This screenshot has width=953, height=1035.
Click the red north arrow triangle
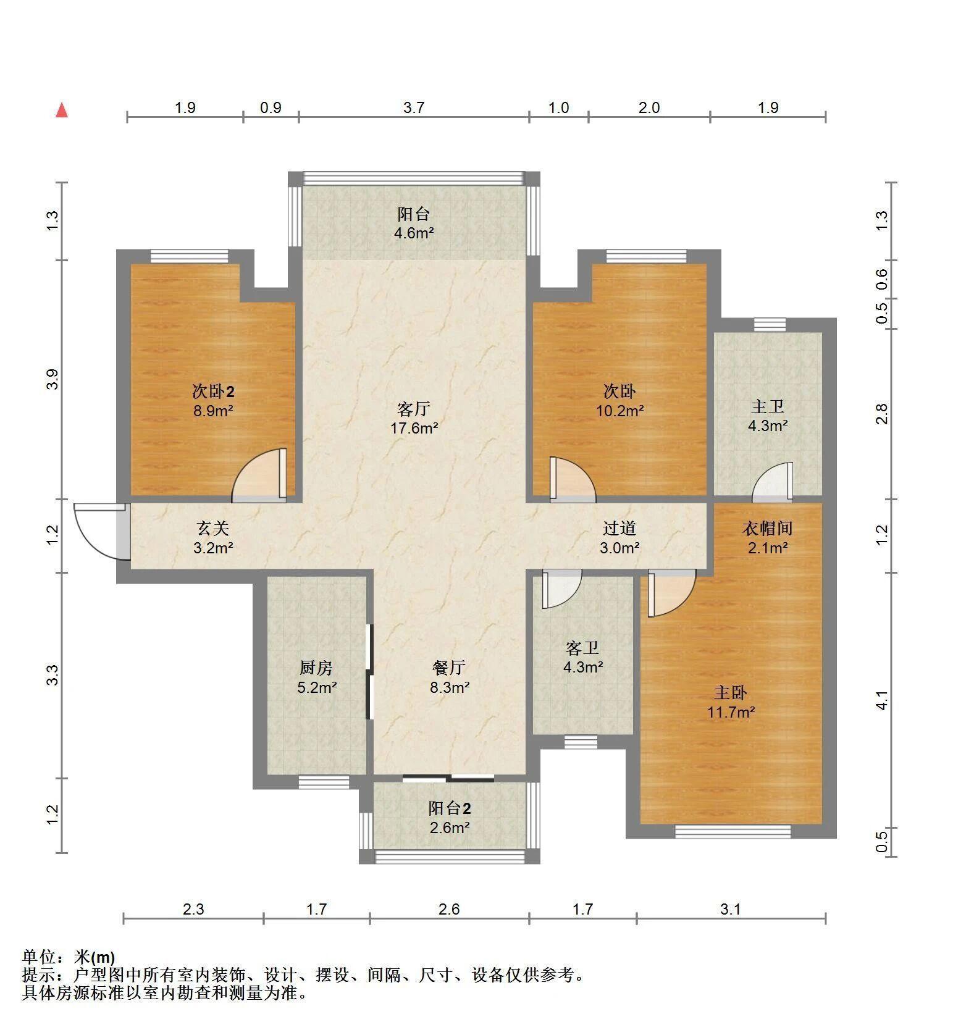62,110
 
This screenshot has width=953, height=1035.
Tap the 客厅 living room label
414,409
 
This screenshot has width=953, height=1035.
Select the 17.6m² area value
414,428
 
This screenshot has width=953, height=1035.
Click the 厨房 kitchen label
316,668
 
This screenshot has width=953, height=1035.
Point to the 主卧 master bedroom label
731,693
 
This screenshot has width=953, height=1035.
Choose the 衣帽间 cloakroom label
767,528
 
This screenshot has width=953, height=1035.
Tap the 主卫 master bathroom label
768,406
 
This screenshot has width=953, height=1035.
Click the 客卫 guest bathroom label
582,648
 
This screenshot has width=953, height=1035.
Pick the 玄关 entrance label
213,528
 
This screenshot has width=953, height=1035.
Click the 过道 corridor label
619,528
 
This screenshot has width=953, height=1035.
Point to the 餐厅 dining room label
449,668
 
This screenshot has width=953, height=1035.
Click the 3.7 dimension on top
414,108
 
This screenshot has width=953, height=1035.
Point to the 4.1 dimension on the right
882,700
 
